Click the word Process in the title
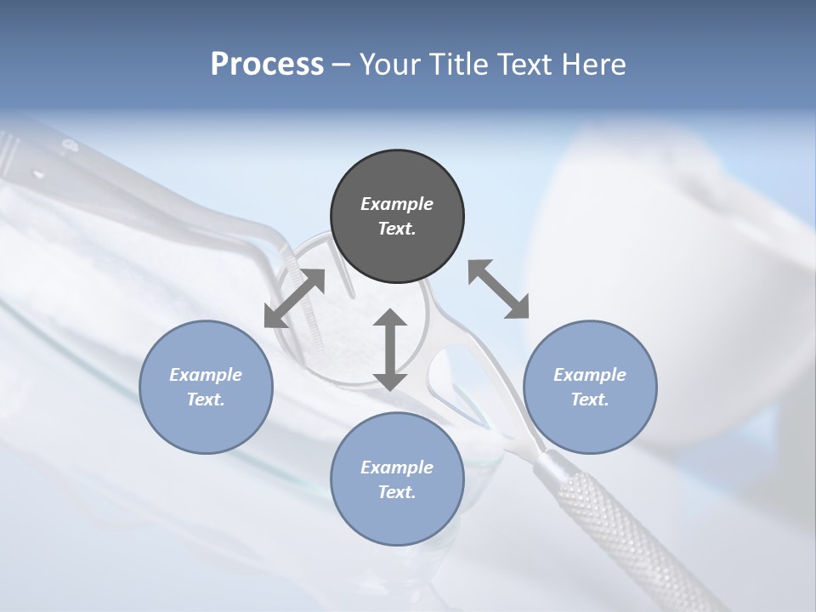pos(267,65)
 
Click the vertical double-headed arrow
pos(390,349)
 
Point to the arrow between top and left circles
pos(295,297)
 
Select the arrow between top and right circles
pos(498,289)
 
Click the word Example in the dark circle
pos(397,204)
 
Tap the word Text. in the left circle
pos(206,399)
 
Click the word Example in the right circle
pos(590,375)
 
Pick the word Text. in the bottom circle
pos(397,492)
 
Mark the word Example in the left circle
pos(206,375)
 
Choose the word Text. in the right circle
pos(590,399)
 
